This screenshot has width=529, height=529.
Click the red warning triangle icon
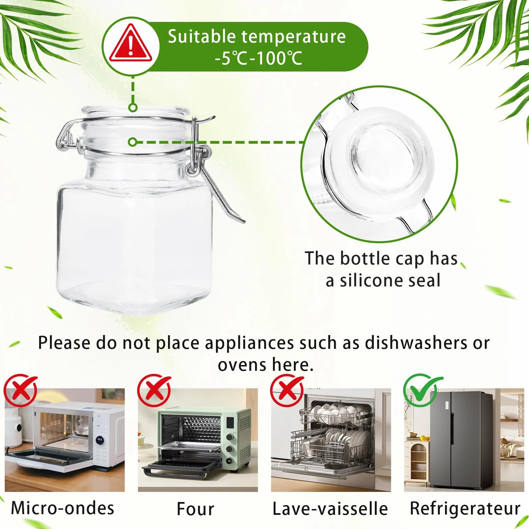pos(130,44)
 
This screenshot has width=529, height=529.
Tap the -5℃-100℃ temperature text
pos(258,58)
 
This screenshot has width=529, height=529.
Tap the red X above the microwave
pos(21,391)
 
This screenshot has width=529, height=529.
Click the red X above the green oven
pos(154,391)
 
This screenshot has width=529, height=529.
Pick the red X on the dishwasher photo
pos(287,391)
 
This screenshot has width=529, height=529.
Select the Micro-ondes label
pos(63,508)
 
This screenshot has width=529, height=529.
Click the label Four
pos(196,509)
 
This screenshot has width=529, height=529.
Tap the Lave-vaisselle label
pos(330,509)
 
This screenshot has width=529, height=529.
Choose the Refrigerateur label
pos(465,509)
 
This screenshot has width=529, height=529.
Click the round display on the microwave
pos(100,439)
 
